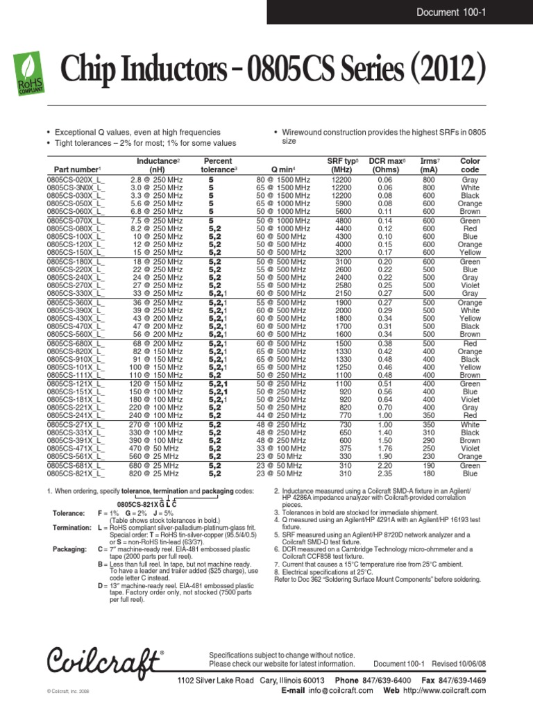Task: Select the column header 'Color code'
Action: click(x=470, y=165)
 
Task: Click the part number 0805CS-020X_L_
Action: click(x=77, y=179)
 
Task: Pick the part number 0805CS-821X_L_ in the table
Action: click(x=77, y=474)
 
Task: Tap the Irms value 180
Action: click(x=429, y=474)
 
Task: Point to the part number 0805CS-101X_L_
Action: click(x=77, y=367)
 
